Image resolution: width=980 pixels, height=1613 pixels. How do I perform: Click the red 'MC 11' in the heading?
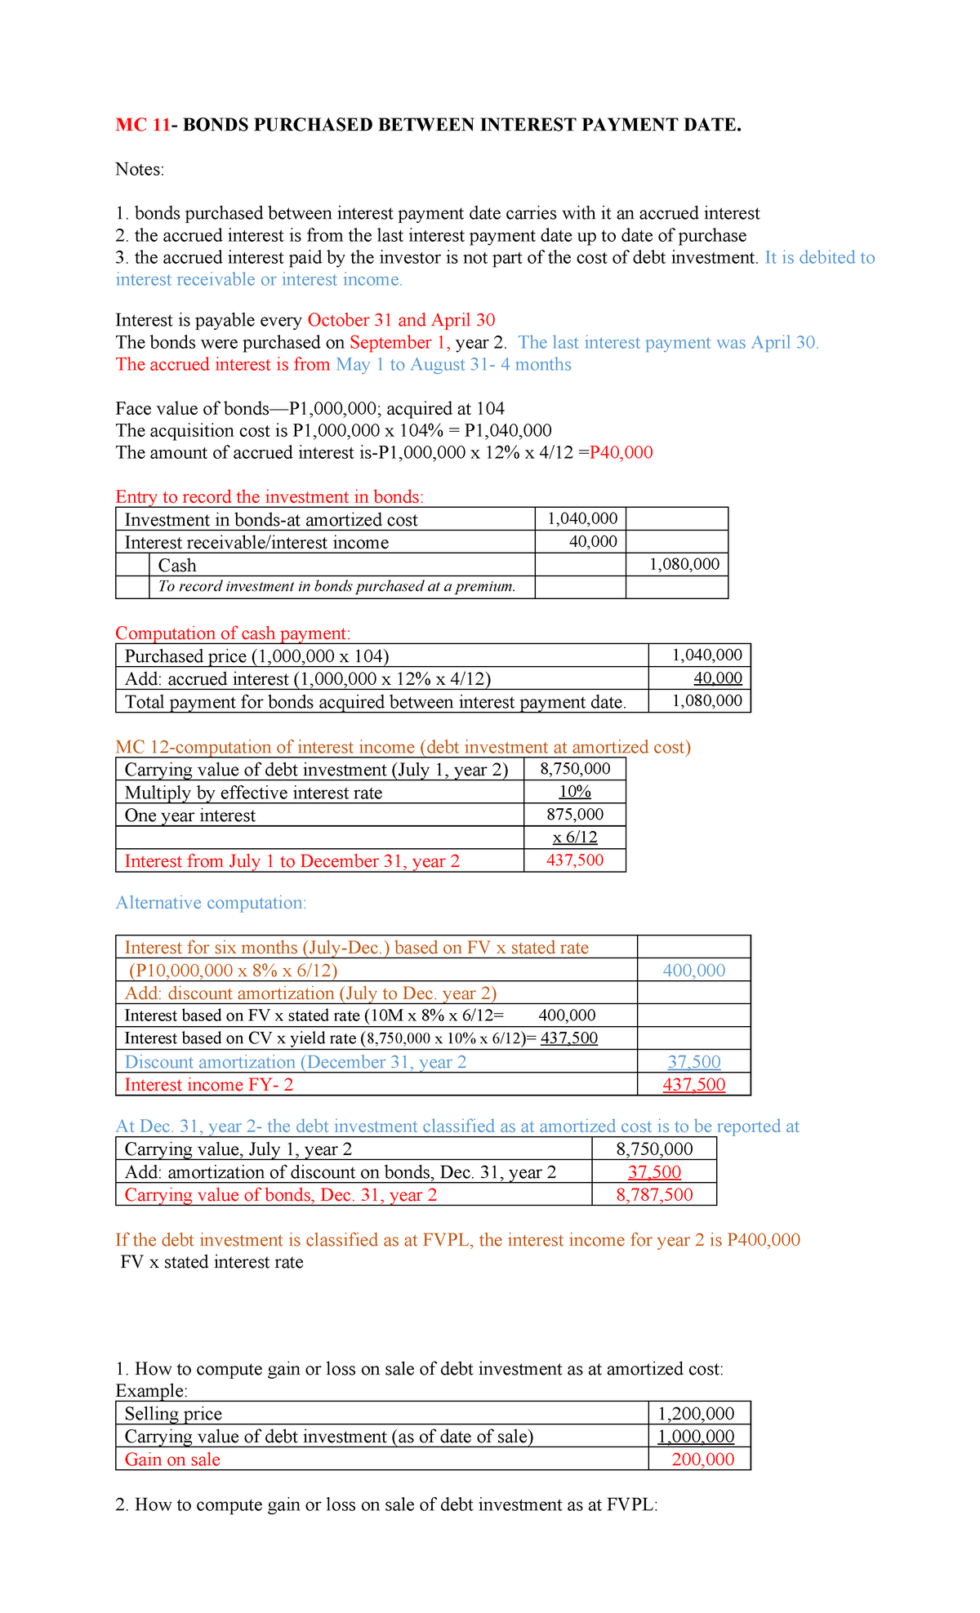[143, 125]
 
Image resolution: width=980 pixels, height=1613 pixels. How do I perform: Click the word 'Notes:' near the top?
[140, 169]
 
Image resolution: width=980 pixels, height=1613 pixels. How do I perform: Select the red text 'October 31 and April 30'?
[401, 320]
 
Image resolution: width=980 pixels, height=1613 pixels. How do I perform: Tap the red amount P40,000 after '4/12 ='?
[621, 452]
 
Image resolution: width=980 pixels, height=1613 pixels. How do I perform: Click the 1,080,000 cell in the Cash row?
[684, 564]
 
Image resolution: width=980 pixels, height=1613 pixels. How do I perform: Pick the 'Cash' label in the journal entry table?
[177, 565]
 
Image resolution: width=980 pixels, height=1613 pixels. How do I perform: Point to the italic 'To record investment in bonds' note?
[336, 586]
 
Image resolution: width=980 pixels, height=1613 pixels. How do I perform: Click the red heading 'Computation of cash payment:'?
[233, 633]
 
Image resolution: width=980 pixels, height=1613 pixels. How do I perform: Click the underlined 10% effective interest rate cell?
[575, 791]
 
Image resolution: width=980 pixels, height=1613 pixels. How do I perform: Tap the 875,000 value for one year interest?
[575, 814]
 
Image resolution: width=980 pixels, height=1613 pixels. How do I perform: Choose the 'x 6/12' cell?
[575, 837]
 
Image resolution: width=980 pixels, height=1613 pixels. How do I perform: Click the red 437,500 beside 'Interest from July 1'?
[575, 860]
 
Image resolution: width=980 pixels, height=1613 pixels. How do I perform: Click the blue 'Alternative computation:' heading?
[211, 902]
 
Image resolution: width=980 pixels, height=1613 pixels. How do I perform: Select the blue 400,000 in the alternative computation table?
[693, 970]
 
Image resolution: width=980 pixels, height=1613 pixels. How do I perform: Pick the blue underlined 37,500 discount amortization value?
[693, 1061]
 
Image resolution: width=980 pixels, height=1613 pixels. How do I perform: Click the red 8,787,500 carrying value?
[654, 1194]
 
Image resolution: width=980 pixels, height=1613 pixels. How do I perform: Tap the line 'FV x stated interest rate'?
[212, 1262]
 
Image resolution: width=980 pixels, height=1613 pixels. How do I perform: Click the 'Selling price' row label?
[173, 1413]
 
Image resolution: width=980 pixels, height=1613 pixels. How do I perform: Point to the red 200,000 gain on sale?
[702, 1459]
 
